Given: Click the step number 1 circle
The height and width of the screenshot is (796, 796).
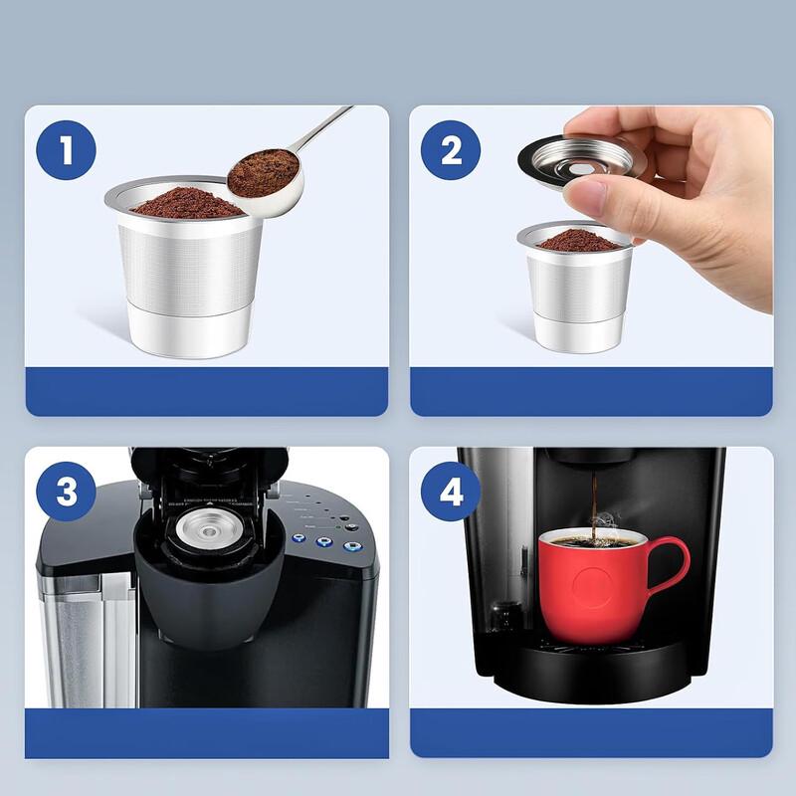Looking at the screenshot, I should pyautogui.click(x=66, y=151).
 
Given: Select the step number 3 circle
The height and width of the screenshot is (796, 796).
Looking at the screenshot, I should pyautogui.click(x=66, y=492).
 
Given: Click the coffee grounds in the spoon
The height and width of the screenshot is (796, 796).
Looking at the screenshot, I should pyautogui.click(x=263, y=172).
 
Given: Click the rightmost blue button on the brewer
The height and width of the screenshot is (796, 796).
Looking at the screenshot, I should pyautogui.click(x=350, y=545).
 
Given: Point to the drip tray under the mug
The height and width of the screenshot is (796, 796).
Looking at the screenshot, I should pyautogui.click(x=597, y=661).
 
